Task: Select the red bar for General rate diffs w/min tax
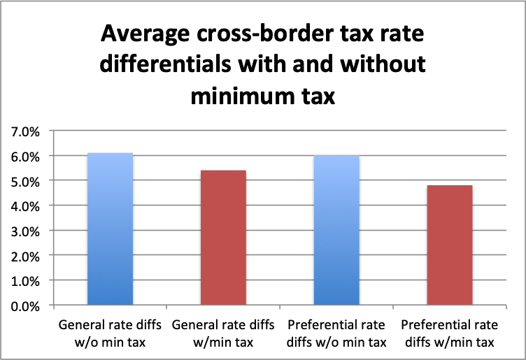[223, 238]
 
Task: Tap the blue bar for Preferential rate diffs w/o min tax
[336, 231]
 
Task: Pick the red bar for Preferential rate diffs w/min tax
[450, 245]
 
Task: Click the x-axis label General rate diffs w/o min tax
[110, 333]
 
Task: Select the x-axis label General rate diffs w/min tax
[223, 333]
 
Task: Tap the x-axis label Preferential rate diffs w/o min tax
[336, 333]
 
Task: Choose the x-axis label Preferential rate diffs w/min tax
[450, 333]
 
